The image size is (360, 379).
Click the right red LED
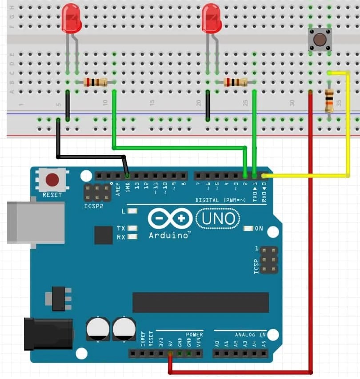tap(211, 19)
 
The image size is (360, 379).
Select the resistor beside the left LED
tap(95, 82)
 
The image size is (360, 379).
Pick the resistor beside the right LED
tap(235, 82)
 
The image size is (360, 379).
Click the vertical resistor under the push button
tap(329, 101)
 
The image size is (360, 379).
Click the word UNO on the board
tap(217, 218)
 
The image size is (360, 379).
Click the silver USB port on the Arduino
tap(36, 222)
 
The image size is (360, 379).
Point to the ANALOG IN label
tap(250, 335)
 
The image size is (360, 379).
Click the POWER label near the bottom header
tap(194, 335)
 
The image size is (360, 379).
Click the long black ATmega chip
tap(200, 302)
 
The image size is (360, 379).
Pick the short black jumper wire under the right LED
tap(208, 106)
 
